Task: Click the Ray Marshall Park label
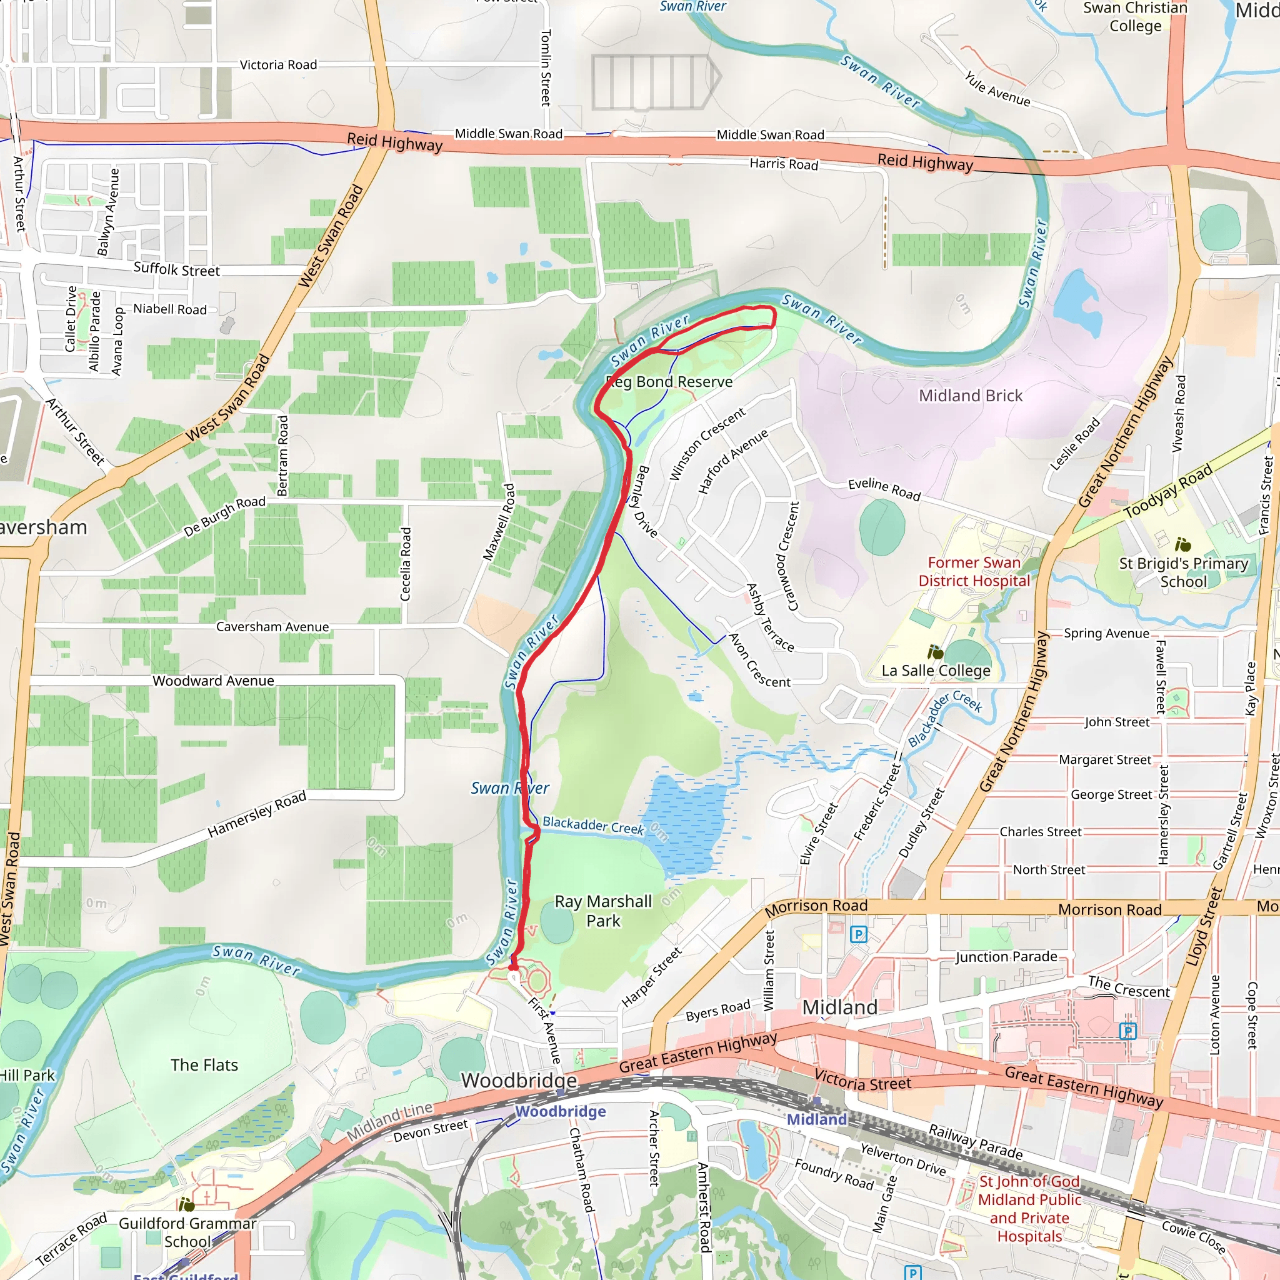pyautogui.click(x=603, y=911)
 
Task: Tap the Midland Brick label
pyautogui.click(x=970, y=396)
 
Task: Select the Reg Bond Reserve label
pyautogui.click(x=671, y=382)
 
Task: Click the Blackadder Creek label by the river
pyautogui.click(x=593, y=825)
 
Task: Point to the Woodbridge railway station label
pyautogui.click(x=561, y=1111)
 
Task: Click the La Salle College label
pyautogui.click(x=936, y=671)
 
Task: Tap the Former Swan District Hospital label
pyautogui.click(x=973, y=571)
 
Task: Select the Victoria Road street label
pyautogui.click(x=278, y=65)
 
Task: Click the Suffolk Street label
pyautogui.click(x=176, y=269)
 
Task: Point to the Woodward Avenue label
pyautogui.click(x=213, y=681)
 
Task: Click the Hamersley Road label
pyautogui.click(x=256, y=814)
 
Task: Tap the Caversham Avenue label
pyautogui.click(x=272, y=627)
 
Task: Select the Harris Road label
pyautogui.click(x=784, y=164)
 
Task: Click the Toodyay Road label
pyautogui.click(x=1168, y=491)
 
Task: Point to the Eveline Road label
pyautogui.click(x=884, y=489)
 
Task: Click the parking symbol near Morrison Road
pyautogui.click(x=858, y=935)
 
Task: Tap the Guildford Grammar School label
pyautogui.click(x=187, y=1232)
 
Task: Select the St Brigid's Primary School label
pyautogui.click(x=1183, y=572)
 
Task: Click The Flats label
pyautogui.click(x=204, y=1064)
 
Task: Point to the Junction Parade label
pyautogui.click(x=1006, y=957)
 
